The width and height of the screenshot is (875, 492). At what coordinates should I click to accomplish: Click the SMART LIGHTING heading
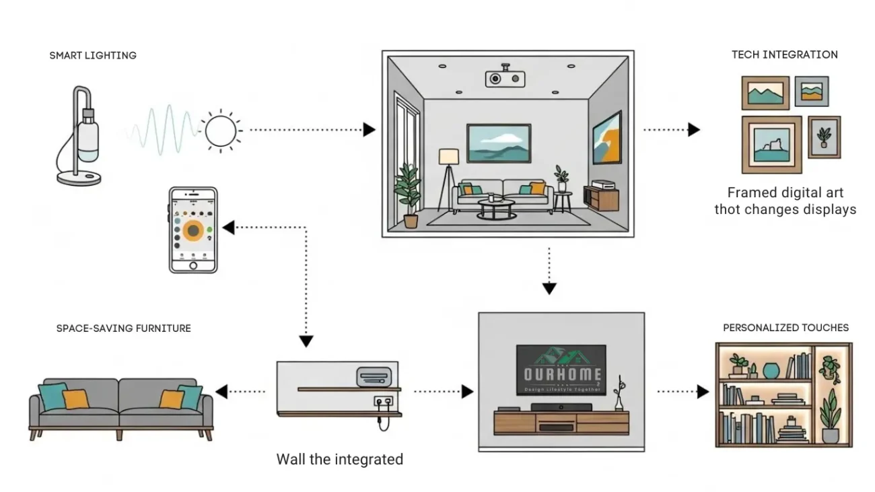pos(93,55)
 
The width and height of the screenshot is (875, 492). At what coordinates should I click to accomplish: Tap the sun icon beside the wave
pos(221,130)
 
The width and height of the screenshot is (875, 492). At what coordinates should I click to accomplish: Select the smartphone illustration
pos(193,230)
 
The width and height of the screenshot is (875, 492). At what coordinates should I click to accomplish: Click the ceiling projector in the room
pos(505,77)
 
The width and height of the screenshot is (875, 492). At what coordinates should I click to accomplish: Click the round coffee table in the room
pos(497,207)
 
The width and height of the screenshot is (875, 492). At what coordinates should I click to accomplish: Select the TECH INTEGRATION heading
pos(785,55)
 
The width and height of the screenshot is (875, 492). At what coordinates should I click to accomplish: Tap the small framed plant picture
pos(824,137)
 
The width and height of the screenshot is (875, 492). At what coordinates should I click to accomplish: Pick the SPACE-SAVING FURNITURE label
pos(124,328)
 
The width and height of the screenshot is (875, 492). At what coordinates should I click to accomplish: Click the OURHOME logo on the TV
pos(561,371)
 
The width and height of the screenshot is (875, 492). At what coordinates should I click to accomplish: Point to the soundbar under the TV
pos(561,407)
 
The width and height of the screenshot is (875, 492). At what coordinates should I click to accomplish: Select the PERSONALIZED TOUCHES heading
pos(785,328)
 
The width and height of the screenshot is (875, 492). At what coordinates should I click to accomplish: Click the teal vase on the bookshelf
pos(771,370)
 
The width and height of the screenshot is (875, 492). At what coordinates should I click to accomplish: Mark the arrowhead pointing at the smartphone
pos(229,227)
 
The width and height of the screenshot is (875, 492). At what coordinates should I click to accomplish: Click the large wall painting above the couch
pos(499,143)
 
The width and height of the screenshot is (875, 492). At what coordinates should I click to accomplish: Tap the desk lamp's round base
pos(79,178)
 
